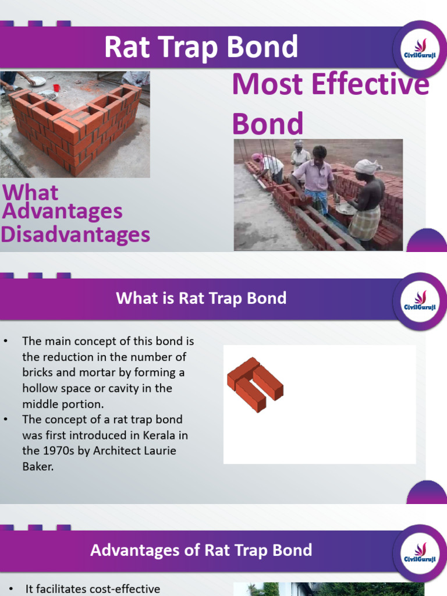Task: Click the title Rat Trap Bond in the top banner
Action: [x=201, y=47]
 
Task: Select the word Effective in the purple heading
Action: [x=370, y=85]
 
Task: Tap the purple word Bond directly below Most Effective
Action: [x=268, y=123]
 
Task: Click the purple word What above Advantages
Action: [x=30, y=193]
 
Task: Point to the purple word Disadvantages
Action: [x=76, y=235]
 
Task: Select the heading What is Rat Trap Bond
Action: [x=201, y=299]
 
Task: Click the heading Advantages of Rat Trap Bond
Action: [x=201, y=550]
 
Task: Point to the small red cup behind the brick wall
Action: [x=56, y=88]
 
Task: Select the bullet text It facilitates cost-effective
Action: [x=93, y=589]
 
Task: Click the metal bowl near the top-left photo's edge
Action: [x=38, y=81]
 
